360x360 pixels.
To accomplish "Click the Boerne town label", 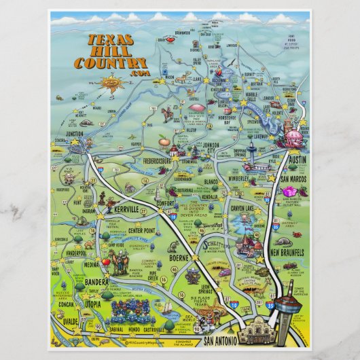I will [x=180, y=258].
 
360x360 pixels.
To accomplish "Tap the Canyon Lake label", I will [x=245, y=207].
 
